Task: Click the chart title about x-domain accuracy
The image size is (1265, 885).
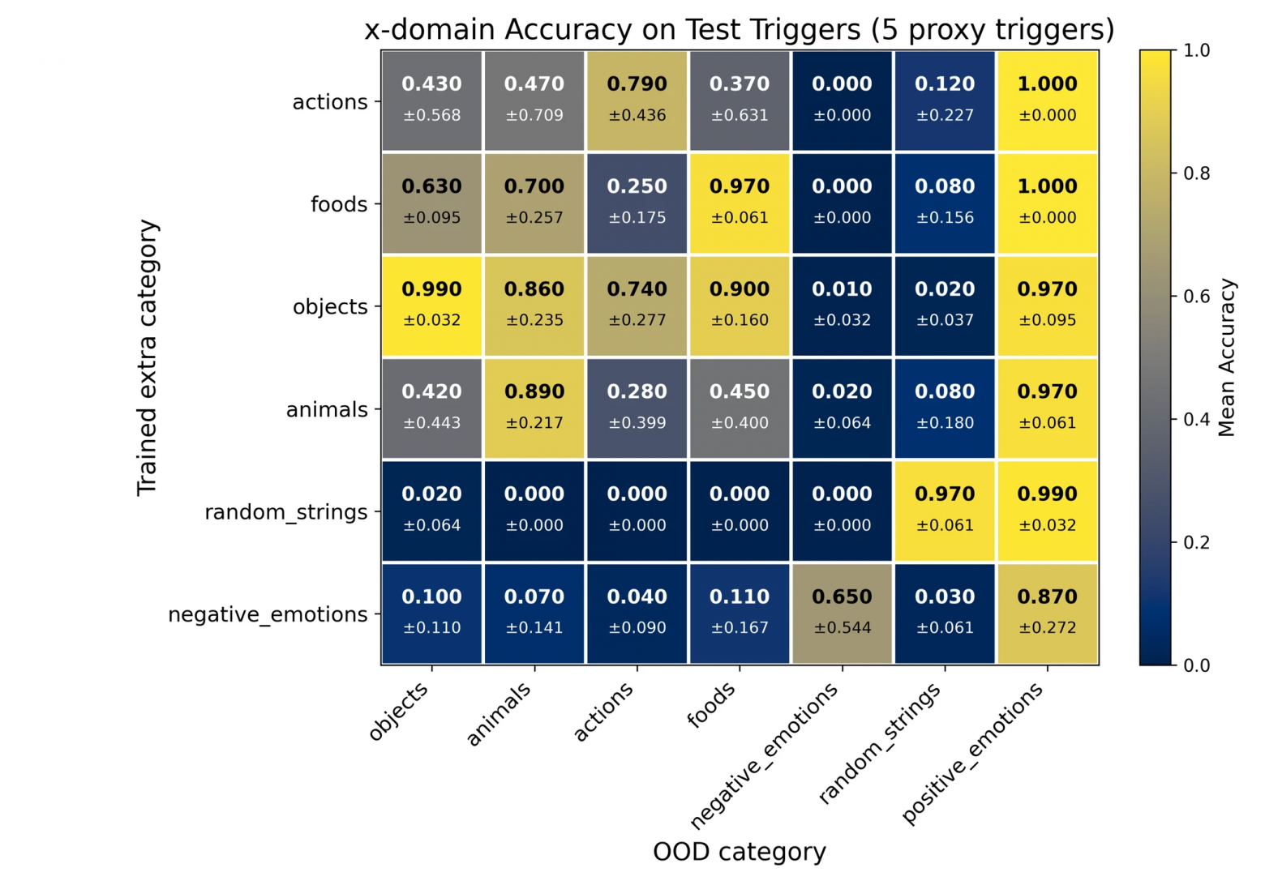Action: click(739, 30)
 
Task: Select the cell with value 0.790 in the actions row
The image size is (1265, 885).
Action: click(637, 100)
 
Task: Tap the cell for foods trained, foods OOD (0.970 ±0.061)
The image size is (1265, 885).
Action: click(739, 203)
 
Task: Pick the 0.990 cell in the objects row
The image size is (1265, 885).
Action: click(431, 306)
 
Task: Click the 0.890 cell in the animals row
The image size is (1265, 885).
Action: click(534, 408)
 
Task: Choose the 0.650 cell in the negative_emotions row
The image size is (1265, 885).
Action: click(842, 614)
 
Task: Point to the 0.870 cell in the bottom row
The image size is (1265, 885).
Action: click(1047, 614)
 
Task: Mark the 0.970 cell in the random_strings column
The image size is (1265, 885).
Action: click(945, 511)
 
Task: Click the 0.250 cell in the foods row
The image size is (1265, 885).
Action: click(637, 203)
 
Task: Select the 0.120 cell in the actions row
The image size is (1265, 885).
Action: click(945, 100)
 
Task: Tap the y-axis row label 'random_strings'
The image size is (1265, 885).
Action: click(285, 512)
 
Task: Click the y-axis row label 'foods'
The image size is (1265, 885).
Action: click(338, 204)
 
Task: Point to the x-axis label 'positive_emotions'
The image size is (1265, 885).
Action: click(973, 752)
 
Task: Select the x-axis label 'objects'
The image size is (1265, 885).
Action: click(398, 711)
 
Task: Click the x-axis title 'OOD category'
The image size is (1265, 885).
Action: click(739, 852)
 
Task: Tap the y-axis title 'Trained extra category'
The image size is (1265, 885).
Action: click(147, 357)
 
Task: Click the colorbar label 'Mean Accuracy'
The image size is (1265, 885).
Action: click(1226, 357)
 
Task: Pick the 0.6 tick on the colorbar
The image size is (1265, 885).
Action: click(1196, 297)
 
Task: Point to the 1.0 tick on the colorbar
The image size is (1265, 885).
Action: click(1196, 50)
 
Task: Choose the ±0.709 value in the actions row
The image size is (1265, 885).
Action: click(534, 115)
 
